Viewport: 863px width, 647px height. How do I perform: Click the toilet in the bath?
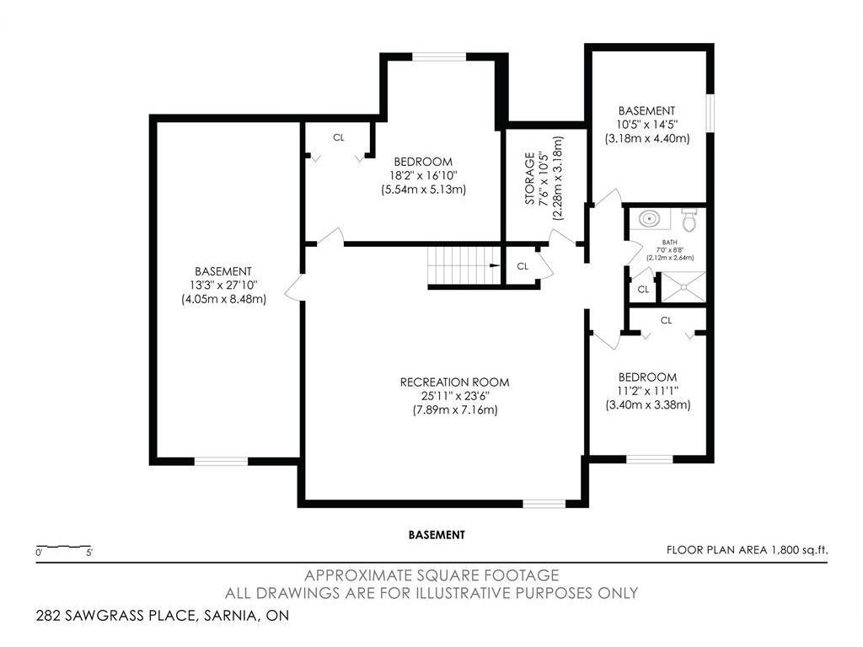point(689,220)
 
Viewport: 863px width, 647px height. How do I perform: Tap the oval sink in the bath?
point(650,219)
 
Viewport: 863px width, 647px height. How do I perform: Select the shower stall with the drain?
point(683,286)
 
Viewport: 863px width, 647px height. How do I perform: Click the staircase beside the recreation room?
point(464,265)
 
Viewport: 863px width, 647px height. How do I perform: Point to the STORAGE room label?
point(529,179)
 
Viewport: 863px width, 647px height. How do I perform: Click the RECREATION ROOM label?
point(454,382)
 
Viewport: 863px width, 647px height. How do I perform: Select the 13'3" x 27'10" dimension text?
point(223,285)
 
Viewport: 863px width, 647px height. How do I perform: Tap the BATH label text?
point(670,242)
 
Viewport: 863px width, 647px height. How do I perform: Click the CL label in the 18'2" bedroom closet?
point(339,137)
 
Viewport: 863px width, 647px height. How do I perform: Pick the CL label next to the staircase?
point(523,266)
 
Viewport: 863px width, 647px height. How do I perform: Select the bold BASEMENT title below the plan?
point(437,535)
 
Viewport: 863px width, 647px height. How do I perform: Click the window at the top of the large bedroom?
point(439,56)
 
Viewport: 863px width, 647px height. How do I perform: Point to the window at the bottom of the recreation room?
point(544,504)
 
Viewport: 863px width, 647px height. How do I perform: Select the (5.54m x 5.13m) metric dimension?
point(423,190)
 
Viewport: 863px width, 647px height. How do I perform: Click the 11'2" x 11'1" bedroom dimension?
point(648,391)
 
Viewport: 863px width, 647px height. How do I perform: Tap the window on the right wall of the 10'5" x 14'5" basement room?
point(710,114)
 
